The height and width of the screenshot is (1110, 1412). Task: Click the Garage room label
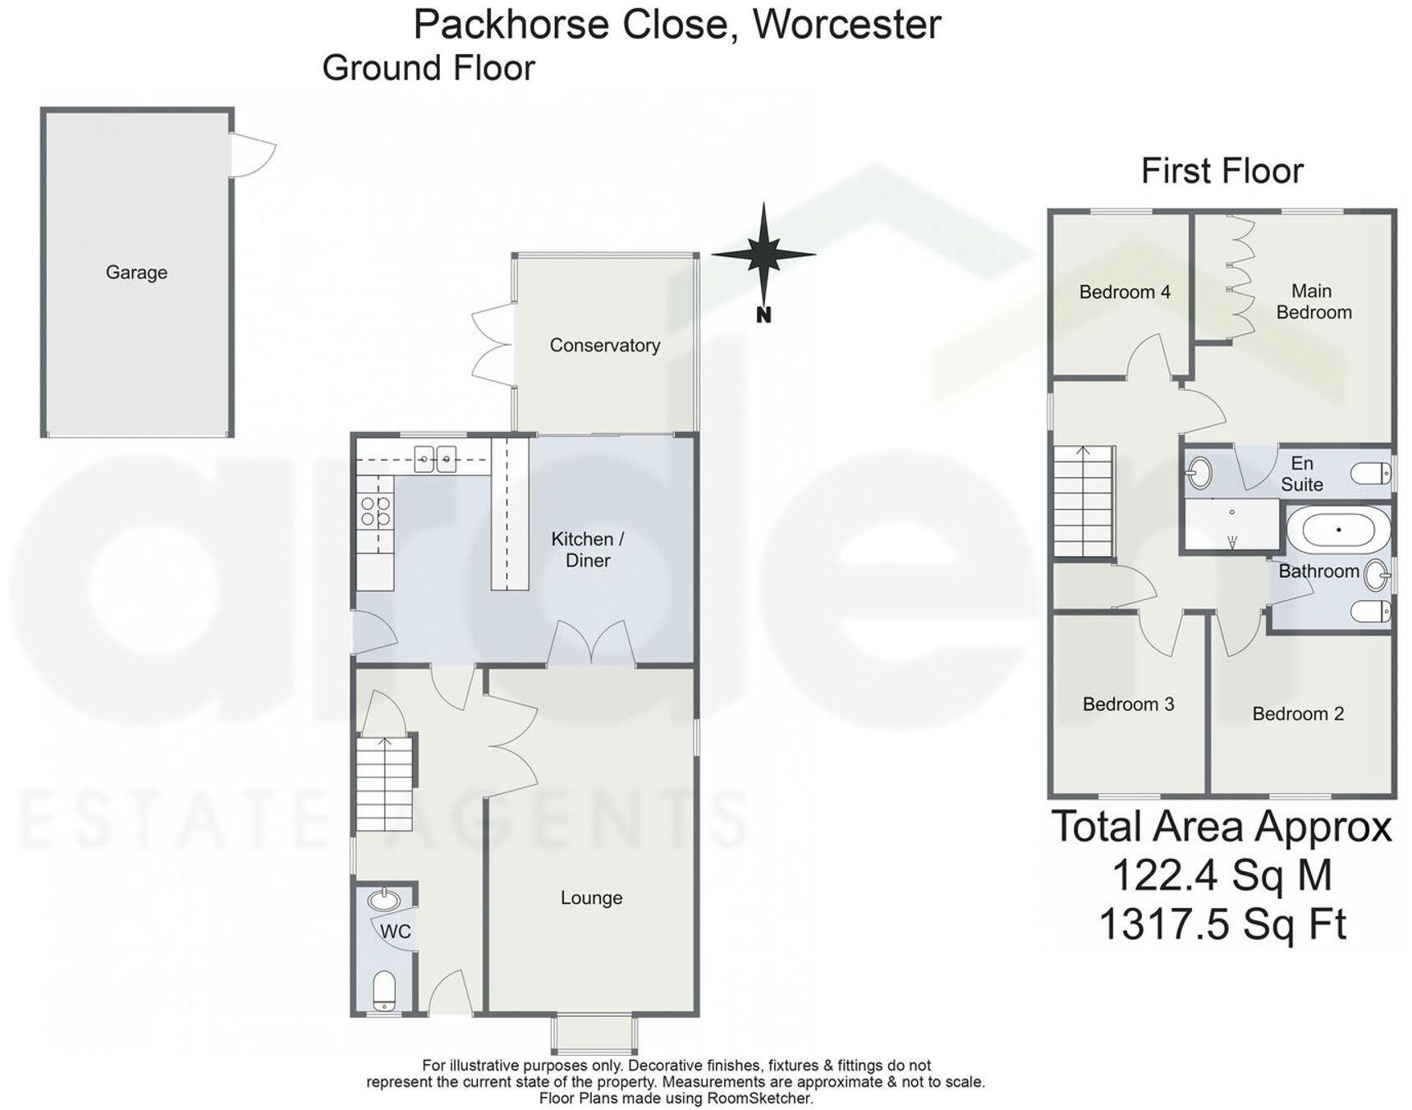[136, 273]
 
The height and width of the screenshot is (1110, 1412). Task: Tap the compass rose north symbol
[763, 255]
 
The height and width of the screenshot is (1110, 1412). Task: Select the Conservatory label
[604, 346]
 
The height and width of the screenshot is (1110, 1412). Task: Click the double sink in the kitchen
[435, 459]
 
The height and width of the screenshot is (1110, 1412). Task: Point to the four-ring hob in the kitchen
[375, 511]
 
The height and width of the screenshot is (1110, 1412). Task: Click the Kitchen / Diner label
[587, 549]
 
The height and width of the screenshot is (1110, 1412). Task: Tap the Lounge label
[591, 898]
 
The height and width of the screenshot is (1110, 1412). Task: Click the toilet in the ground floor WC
[384, 992]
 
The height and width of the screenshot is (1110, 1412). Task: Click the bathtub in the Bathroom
[1338, 530]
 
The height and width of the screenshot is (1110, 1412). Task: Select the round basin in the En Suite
[1200, 473]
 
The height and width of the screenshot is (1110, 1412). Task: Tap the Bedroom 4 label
[1124, 292]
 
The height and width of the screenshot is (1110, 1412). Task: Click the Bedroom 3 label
[1128, 704]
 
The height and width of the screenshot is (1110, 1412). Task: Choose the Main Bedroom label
[1313, 301]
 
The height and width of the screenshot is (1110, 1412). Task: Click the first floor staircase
[1084, 501]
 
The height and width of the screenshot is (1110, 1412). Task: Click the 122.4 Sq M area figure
[1222, 875]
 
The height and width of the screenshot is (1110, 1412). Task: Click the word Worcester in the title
[846, 24]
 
